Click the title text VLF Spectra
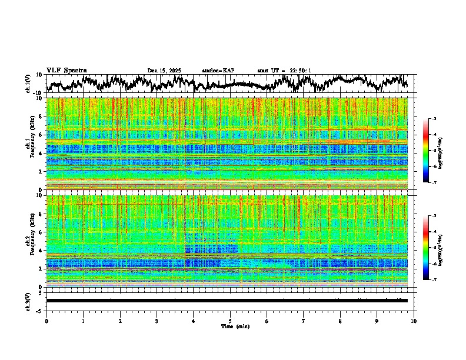(x=66, y=70)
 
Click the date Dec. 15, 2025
(x=164, y=71)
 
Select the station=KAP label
(x=218, y=71)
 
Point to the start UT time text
(x=284, y=71)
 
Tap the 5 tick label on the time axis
(x=230, y=321)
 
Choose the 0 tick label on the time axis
(x=46, y=321)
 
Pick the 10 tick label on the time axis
(x=414, y=321)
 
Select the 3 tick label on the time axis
(x=157, y=321)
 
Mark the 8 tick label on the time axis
(x=340, y=321)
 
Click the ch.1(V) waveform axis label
(x=28, y=83)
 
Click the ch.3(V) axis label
(x=28, y=300)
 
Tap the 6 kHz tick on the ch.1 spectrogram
(x=42, y=135)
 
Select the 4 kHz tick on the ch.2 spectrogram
(x=42, y=251)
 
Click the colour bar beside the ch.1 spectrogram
(x=432, y=151)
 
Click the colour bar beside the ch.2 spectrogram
(x=432, y=248)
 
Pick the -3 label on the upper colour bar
(x=438, y=119)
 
